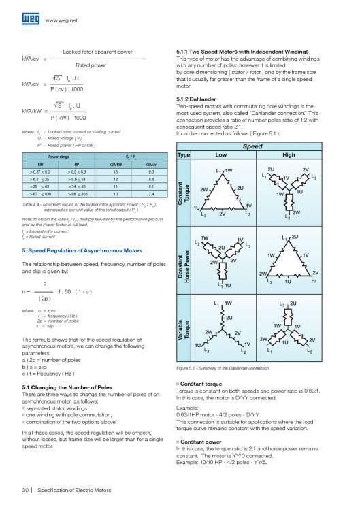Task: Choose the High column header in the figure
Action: click(x=288, y=155)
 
